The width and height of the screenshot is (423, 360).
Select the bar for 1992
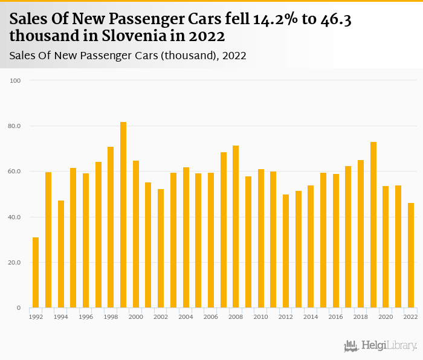point(36,272)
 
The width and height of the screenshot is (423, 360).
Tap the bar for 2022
point(411,256)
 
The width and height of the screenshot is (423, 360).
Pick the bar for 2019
point(373,225)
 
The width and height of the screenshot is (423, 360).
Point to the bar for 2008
point(236,227)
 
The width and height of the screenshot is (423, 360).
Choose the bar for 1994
point(61,254)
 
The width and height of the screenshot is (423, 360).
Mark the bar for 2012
point(286,251)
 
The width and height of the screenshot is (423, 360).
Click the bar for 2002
point(161,248)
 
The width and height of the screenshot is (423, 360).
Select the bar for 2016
point(336,241)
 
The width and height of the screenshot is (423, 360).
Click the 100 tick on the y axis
point(16,80)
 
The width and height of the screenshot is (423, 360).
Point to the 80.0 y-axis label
point(15,126)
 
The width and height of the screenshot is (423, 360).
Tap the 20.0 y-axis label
point(15,263)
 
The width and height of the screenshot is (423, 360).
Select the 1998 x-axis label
point(111,317)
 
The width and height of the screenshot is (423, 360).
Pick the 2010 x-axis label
point(260,317)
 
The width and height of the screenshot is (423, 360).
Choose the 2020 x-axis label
point(386,317)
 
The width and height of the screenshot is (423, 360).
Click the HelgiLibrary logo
point(381,346)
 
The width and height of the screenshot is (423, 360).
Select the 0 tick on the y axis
point(19,308)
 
